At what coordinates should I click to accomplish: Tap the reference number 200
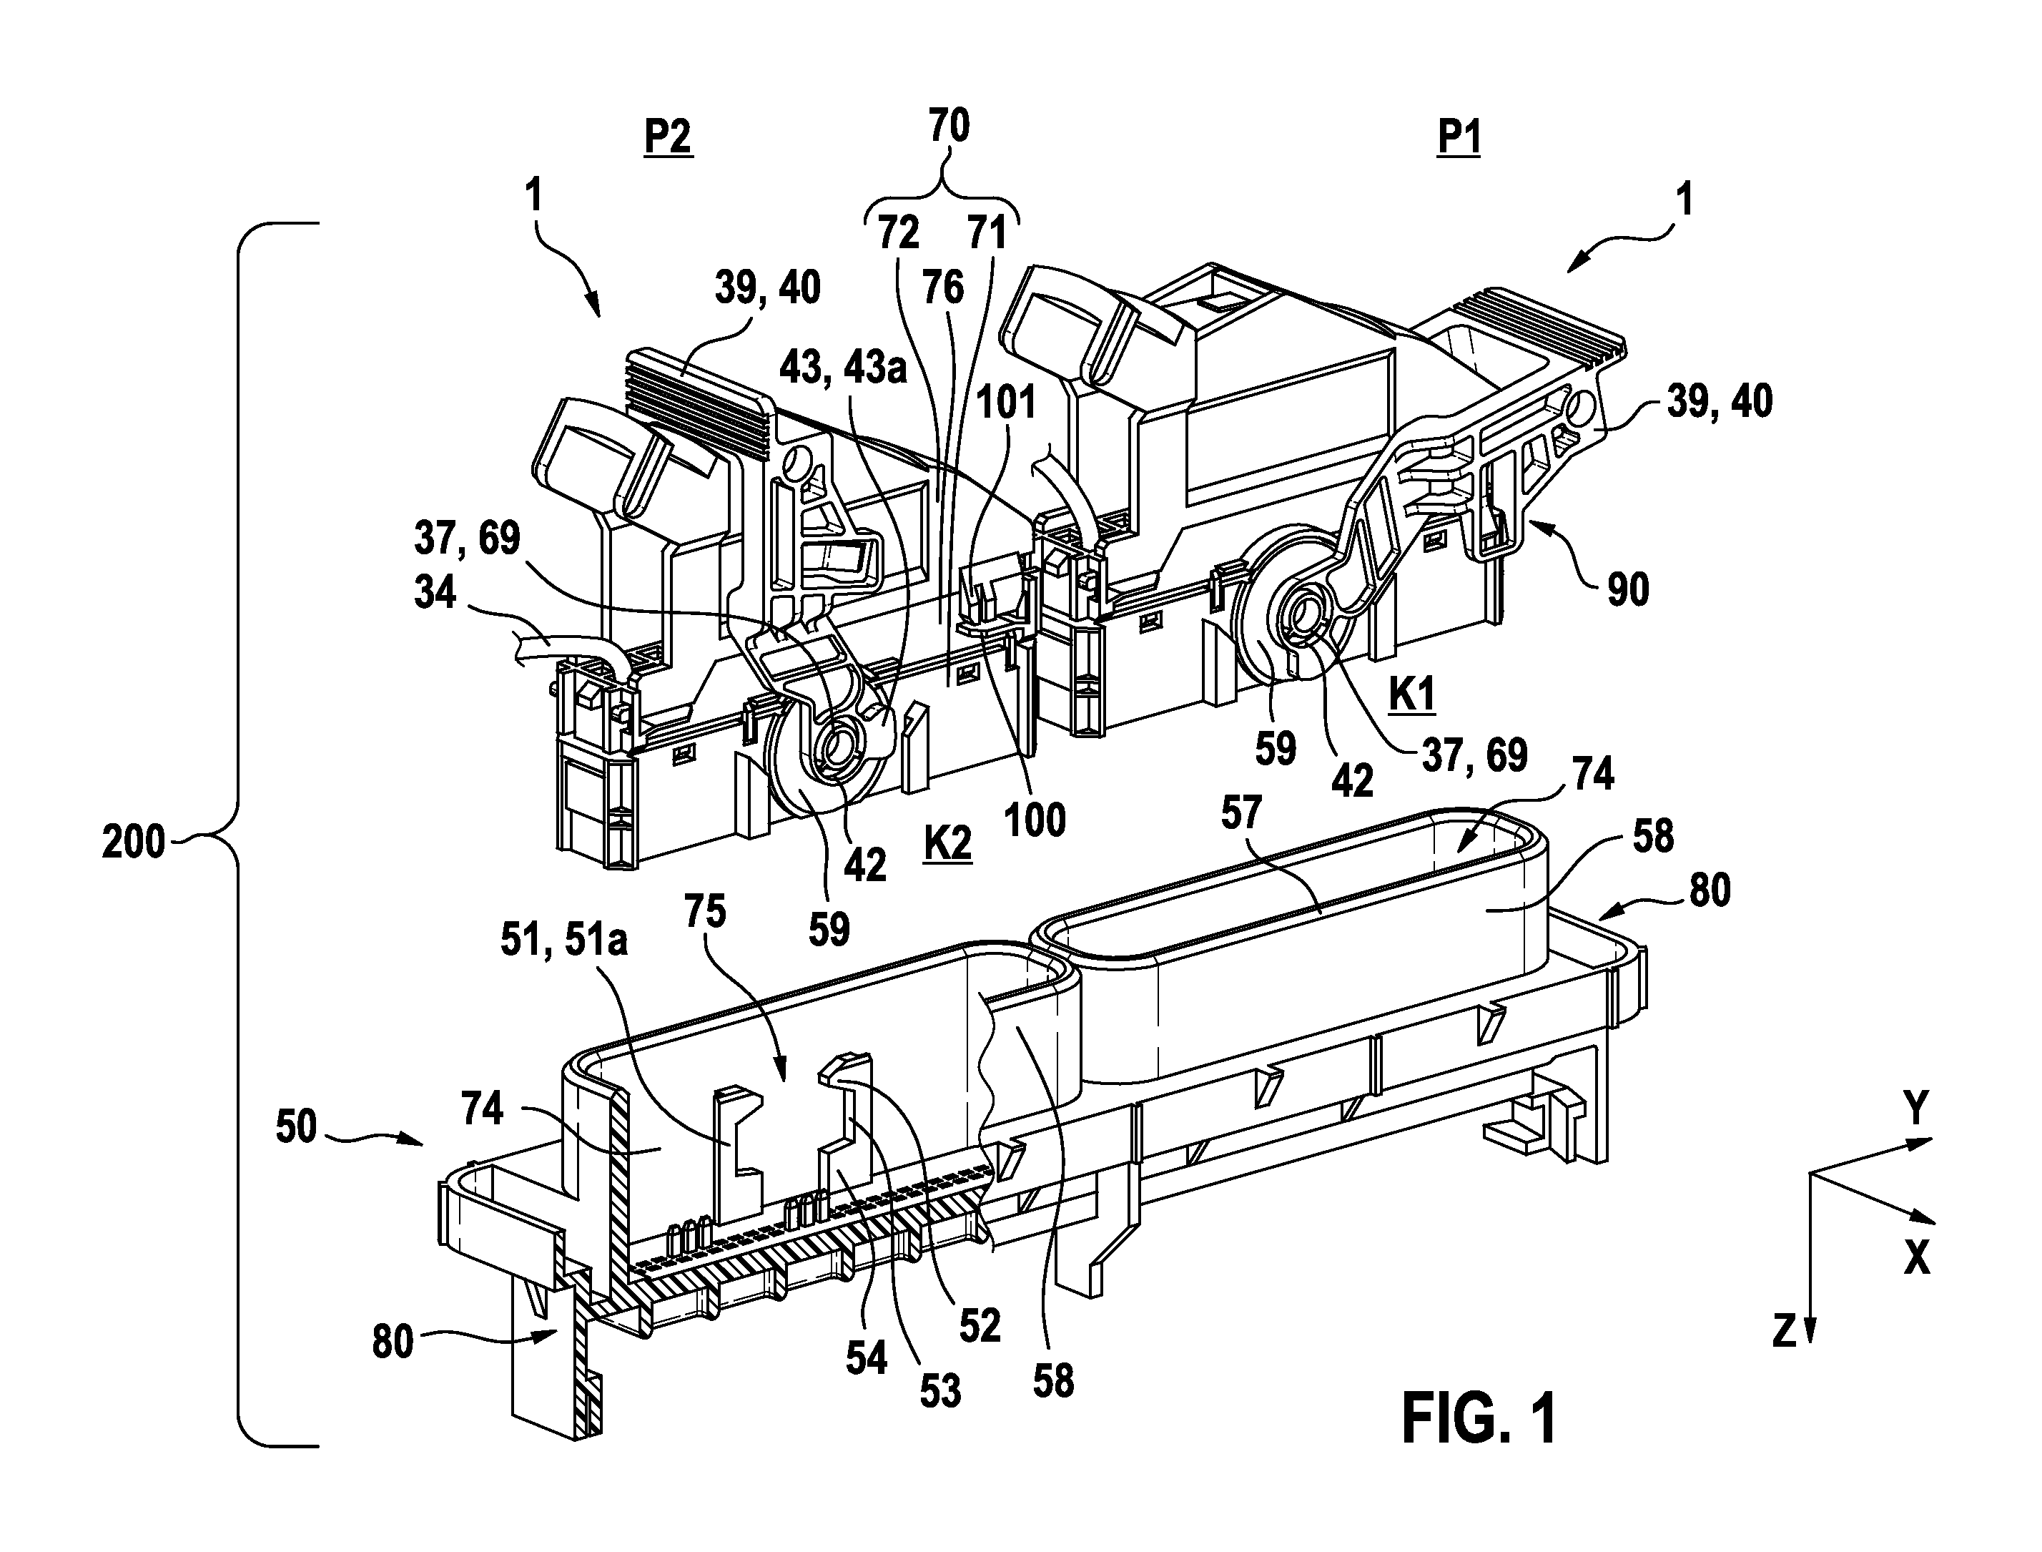[133, 843]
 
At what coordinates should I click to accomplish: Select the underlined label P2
[668, 139]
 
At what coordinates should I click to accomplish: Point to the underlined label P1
[1459, 139]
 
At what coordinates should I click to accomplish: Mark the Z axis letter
[1785, 1331]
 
